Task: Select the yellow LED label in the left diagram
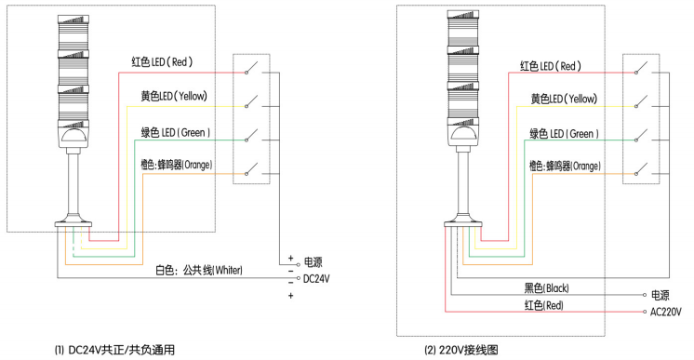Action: (173, 97)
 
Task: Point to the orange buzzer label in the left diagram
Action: (175, 165)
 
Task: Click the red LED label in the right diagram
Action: (550, 66)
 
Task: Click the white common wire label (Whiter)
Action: (198, 271)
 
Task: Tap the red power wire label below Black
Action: (540, 305)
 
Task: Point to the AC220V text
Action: (667, 312)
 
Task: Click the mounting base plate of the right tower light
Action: (460, 223)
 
